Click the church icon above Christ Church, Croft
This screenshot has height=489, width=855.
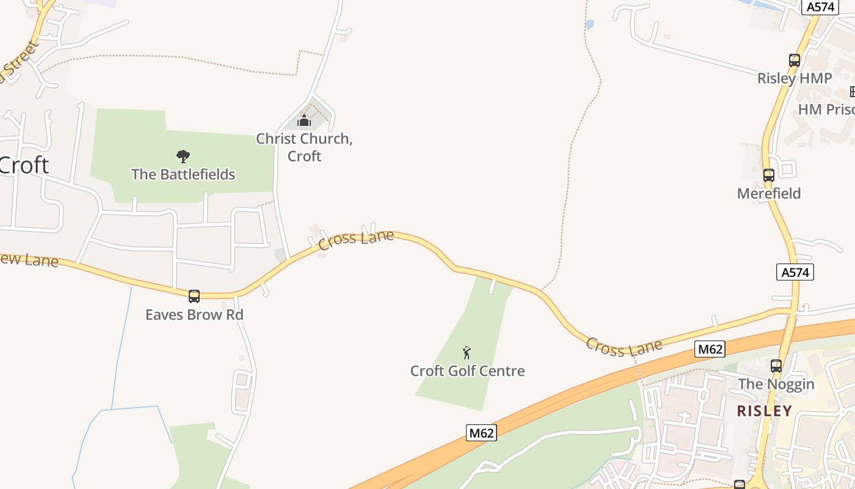304,120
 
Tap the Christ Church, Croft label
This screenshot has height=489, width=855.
304,147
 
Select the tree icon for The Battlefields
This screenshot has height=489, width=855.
183,156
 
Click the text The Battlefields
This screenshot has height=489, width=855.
183,174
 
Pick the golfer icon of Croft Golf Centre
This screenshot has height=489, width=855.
467,353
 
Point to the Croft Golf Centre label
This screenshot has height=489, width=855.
467,370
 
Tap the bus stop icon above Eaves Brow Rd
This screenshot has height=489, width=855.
194,296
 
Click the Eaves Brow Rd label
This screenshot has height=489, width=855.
194,315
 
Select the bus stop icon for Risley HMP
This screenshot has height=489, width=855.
795,61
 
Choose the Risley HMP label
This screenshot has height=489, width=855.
795,78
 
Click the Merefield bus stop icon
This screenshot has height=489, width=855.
769,175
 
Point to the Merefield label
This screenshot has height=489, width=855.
769,193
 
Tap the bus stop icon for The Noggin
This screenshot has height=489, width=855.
776,366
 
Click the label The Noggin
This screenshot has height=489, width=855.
776,384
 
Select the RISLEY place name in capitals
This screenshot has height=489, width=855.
764,411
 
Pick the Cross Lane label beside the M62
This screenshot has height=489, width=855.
624,347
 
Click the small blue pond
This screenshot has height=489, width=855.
589,24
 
